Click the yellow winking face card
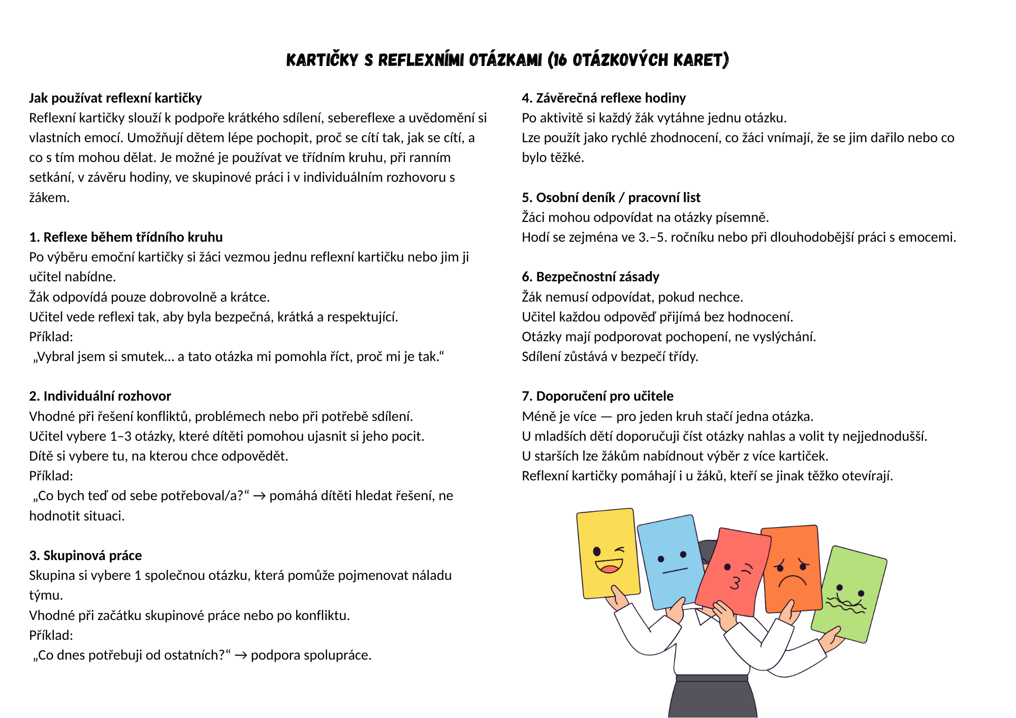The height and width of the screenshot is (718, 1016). point(608,553)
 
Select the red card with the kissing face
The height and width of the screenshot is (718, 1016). point(734,571)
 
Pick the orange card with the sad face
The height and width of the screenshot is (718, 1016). point(791,569)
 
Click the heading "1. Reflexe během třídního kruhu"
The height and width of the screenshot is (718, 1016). point(126,237)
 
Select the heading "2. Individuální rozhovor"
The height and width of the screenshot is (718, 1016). point(100,396)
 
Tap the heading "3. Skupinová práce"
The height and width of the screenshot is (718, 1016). point(85,556)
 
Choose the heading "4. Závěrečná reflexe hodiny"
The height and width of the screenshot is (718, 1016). point(604,98)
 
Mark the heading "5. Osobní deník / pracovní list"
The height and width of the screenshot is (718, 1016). point(611,198)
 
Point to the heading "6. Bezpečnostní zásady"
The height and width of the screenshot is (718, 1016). point(590,277)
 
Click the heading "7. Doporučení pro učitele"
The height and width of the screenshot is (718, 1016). point(597,396)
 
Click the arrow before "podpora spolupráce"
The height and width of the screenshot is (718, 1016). point(241,656)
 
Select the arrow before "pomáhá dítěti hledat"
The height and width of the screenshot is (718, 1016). point(259,496)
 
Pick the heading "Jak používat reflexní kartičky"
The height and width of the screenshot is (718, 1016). point(115,98)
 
